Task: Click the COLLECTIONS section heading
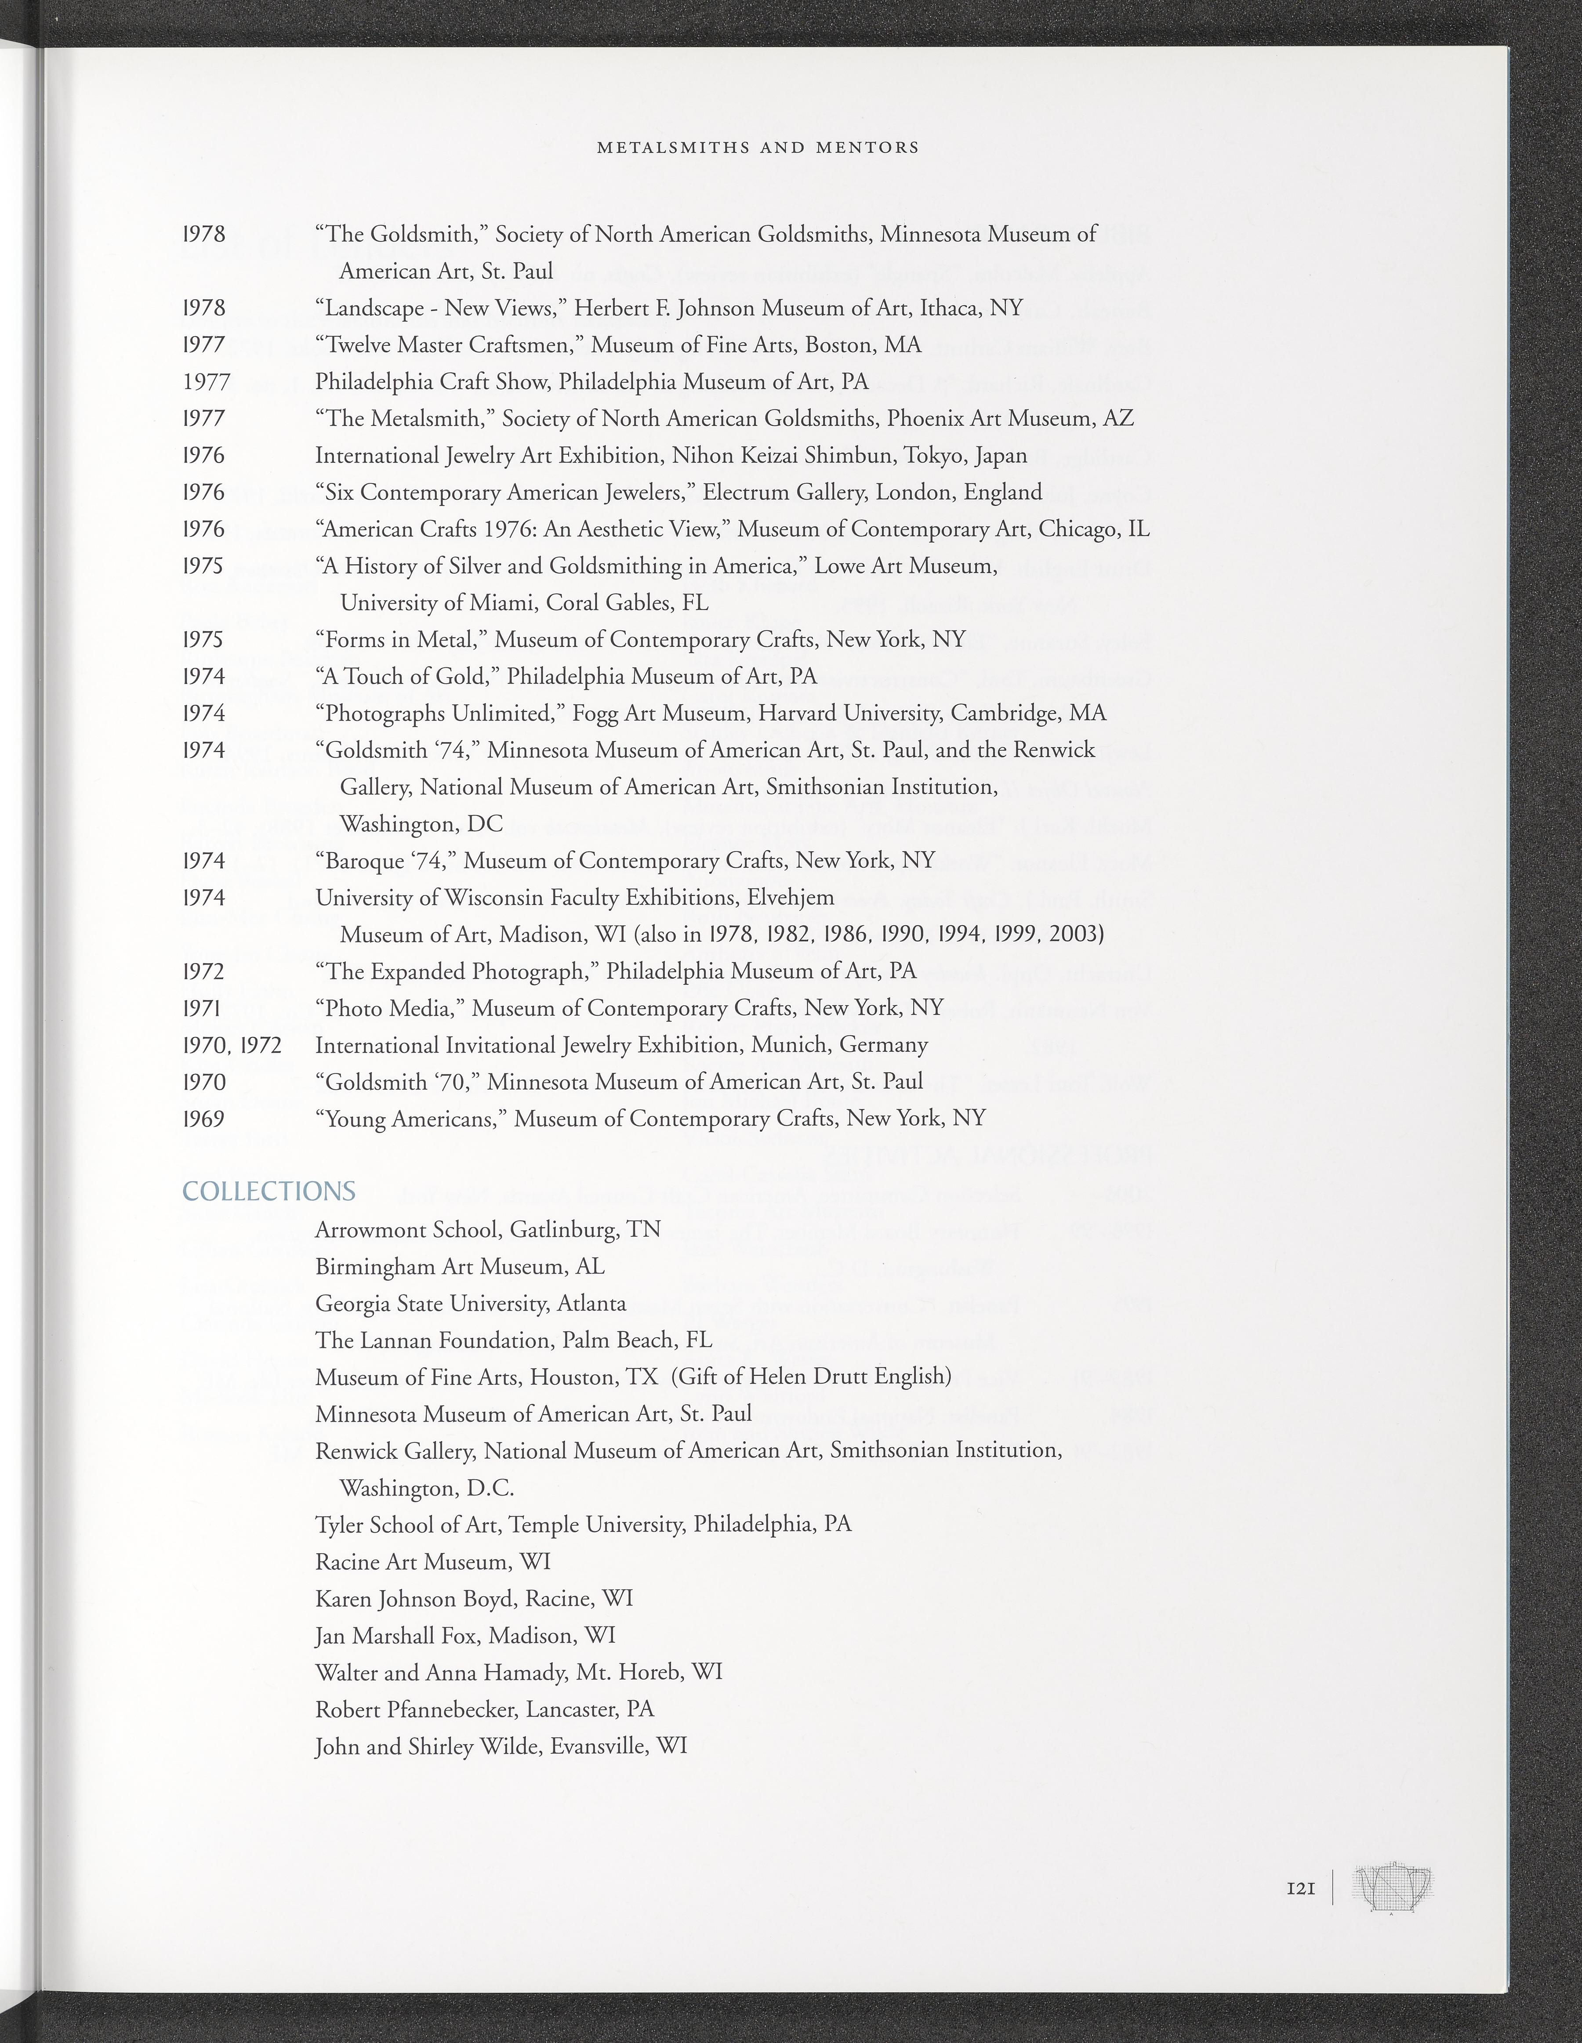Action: [x=269, y=1191]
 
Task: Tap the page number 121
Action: [x=1301, y=1889]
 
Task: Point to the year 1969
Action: [x=204, y=1119]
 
